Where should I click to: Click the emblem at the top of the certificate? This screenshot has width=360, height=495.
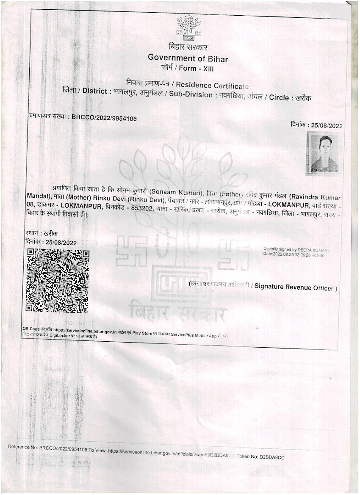tap(188, 28)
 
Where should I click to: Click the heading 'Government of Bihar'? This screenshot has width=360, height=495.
tap(188, 58)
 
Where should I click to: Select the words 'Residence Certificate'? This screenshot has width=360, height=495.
tap(215, 86)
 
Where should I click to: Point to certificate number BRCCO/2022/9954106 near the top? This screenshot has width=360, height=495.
tap(104, 119)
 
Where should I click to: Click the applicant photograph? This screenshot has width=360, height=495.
tap(324, 153)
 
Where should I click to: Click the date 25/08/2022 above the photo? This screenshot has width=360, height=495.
tap(327, 125)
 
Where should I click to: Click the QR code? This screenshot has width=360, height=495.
tap(57, 281)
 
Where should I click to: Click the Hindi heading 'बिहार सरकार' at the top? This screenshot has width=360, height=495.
tap(187, 47)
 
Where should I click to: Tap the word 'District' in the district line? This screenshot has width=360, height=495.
tap(97, 91)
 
